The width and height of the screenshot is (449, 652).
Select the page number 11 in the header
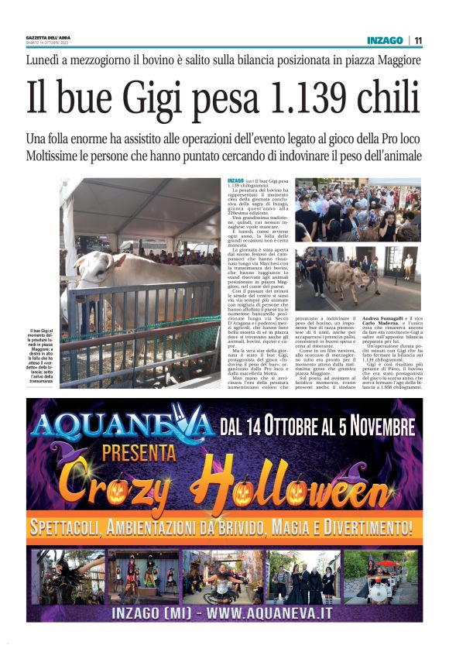tap(418, 40)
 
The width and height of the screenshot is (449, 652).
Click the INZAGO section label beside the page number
tap(385, 40)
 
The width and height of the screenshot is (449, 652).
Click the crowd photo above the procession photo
tap(358, 210)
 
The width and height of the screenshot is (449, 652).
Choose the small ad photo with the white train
tap(381, 577)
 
